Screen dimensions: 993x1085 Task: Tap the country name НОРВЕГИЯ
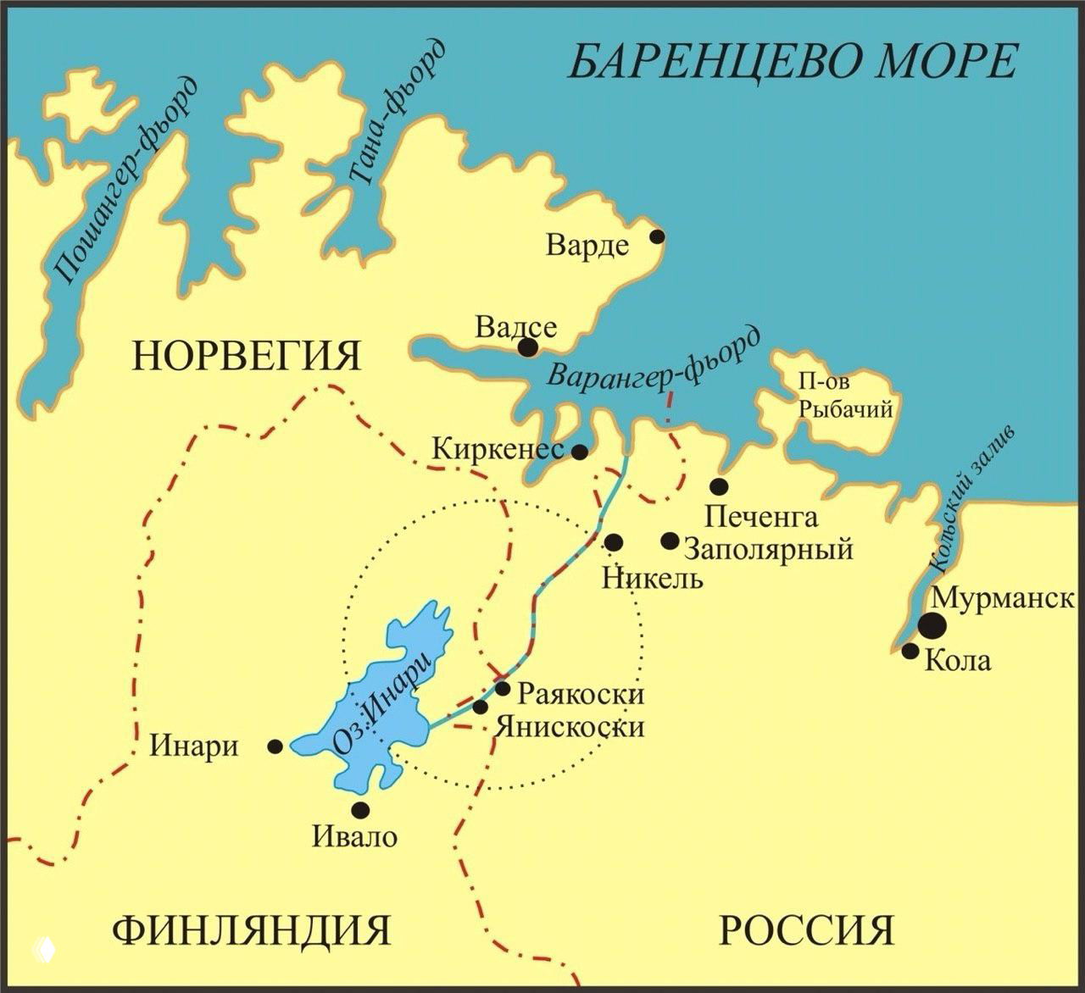pos(247,356)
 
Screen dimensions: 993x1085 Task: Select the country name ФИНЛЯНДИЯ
pos(251,930)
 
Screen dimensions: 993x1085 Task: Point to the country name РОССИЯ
pos(806,930)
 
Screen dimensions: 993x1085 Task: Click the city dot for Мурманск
pos(932,625)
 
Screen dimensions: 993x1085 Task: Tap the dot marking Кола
pos(910,651)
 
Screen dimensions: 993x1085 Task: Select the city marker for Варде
pos(655,236)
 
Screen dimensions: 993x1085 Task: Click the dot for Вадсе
pos(527,347)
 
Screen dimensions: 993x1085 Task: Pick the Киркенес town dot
pos(580,452)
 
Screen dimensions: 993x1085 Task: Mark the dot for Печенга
pos(719,485)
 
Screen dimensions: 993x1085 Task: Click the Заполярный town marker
pos(670,541)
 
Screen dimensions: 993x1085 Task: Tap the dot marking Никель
pos(614,541)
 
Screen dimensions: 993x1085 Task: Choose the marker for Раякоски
pos(503,688)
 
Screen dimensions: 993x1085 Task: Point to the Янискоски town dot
pos(480,707)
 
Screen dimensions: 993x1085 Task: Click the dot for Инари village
pos(275,746)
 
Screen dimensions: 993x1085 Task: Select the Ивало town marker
pos(360,808)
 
